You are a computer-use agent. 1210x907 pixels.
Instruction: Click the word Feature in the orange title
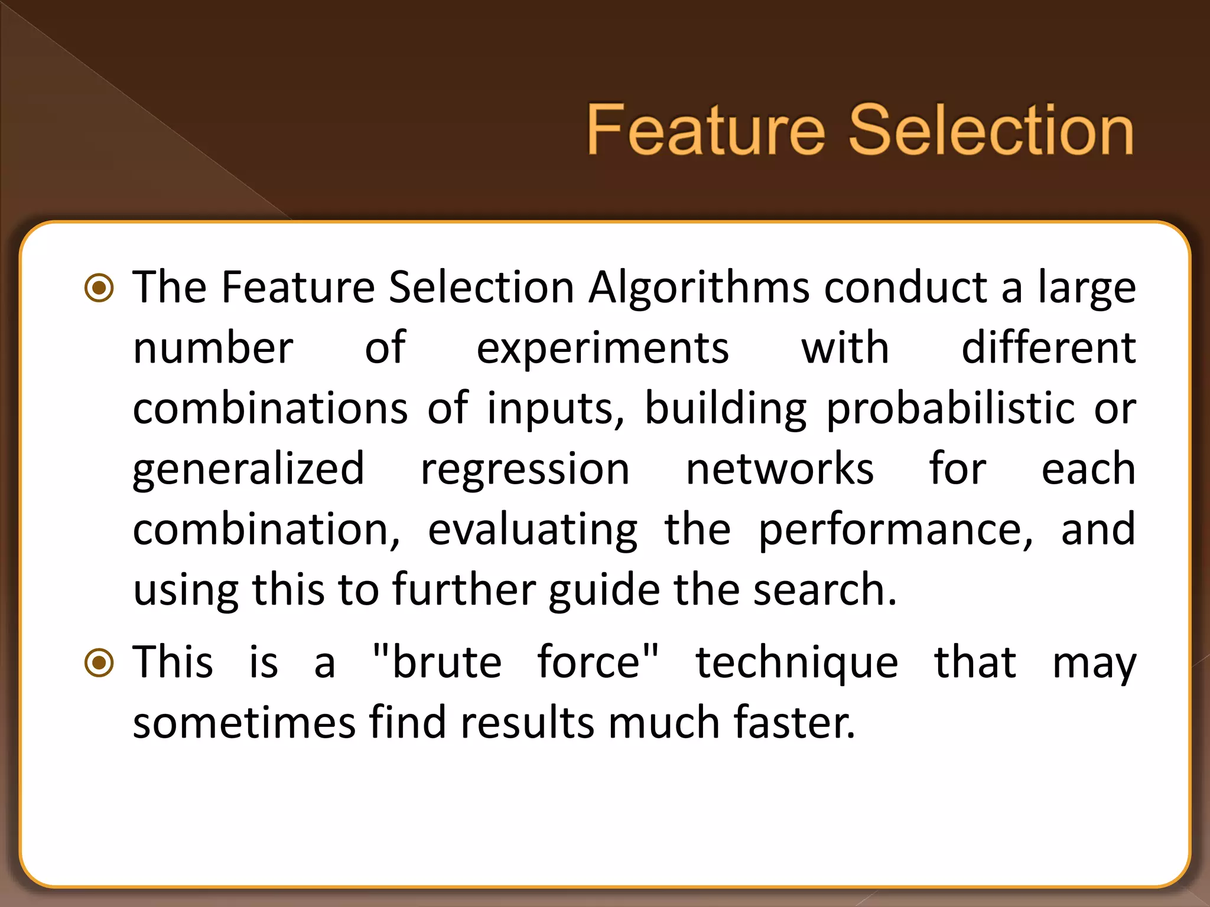point(705,130)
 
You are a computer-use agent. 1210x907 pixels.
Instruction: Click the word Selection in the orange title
point(991,130)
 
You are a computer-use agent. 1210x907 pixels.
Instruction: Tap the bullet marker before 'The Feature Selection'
point(99,288)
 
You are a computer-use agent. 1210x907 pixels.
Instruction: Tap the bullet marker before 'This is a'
point(99,663)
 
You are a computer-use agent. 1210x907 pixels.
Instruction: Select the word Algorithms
point(699,288)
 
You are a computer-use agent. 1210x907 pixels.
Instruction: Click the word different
point(1048,348)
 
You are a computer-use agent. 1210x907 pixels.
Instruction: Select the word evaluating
point(532,530)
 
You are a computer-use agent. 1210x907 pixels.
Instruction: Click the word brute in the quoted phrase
point(447,663)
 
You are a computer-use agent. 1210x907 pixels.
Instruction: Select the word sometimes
point(244,723)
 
